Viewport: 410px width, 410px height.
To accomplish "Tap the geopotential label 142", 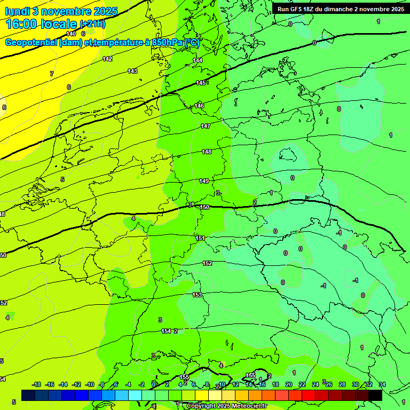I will [107, 59].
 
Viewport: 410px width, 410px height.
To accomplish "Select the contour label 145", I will [201, 83].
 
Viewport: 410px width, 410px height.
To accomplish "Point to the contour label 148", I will [207, 152].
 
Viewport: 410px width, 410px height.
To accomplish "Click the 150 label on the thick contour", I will [204, 207].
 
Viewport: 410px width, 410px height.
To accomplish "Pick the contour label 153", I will [197, 295].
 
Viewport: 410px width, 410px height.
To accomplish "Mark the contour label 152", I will [207, 263].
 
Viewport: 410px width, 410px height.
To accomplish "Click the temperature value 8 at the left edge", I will [4, 107].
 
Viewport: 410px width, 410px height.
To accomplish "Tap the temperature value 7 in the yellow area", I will [52, 74].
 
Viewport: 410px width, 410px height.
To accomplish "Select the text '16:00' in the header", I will [24, 24].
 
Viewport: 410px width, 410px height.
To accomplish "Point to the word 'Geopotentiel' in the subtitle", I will [31, 43].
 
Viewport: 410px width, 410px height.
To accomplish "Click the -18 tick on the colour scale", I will [37, 384].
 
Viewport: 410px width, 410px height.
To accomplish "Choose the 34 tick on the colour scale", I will [382, 384].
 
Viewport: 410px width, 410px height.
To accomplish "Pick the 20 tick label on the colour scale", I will [289, 384].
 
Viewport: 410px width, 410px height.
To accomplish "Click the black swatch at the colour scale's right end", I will [375, 395].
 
